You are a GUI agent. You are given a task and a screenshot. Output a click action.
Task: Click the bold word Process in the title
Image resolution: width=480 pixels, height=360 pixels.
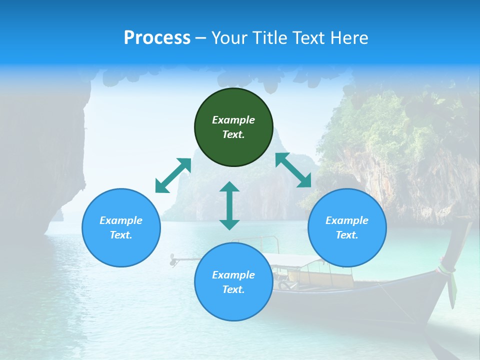coord(157,38)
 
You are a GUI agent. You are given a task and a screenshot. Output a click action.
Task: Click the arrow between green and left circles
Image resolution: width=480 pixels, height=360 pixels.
coord(173,175)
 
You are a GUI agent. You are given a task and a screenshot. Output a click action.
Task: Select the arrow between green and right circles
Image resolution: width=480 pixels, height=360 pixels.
coord(293,170)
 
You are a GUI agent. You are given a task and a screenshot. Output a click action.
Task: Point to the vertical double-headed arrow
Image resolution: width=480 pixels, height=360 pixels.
coord(229,205)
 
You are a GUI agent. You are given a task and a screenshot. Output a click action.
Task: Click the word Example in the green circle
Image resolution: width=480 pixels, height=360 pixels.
coord(233,120)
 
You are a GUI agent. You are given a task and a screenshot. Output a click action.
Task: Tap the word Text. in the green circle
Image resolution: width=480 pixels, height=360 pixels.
coord(233,134)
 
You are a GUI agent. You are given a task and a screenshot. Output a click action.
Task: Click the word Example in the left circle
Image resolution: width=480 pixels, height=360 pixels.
coord(121,220)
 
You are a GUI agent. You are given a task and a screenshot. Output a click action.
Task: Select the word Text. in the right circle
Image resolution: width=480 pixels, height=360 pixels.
coord(347,235)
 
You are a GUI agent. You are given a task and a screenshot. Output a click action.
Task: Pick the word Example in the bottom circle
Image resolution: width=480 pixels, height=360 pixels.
coord(233,275)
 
